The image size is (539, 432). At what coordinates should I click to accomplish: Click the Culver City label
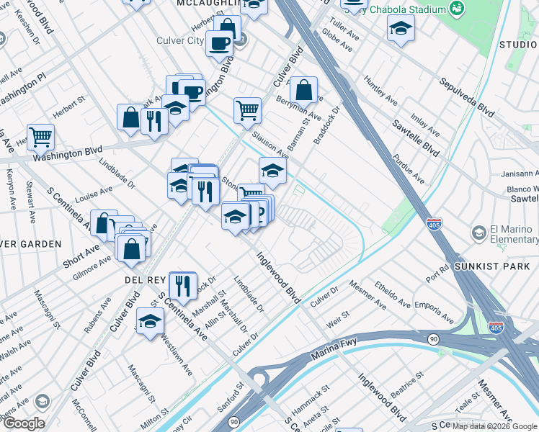180,40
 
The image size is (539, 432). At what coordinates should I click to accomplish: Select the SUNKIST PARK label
498,266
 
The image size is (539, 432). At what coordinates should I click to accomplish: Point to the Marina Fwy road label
334,350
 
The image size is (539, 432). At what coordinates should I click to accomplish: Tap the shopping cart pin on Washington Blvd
41,136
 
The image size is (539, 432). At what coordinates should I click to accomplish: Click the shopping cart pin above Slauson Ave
247,110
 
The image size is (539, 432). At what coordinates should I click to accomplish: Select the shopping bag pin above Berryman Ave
303,90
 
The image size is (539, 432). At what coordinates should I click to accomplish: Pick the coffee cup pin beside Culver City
218,43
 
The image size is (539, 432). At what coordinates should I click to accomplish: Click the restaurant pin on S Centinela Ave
183,284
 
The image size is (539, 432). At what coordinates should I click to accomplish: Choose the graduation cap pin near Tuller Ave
400,29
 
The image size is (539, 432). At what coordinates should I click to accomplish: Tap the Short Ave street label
81,255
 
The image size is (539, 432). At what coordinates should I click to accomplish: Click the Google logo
23,423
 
